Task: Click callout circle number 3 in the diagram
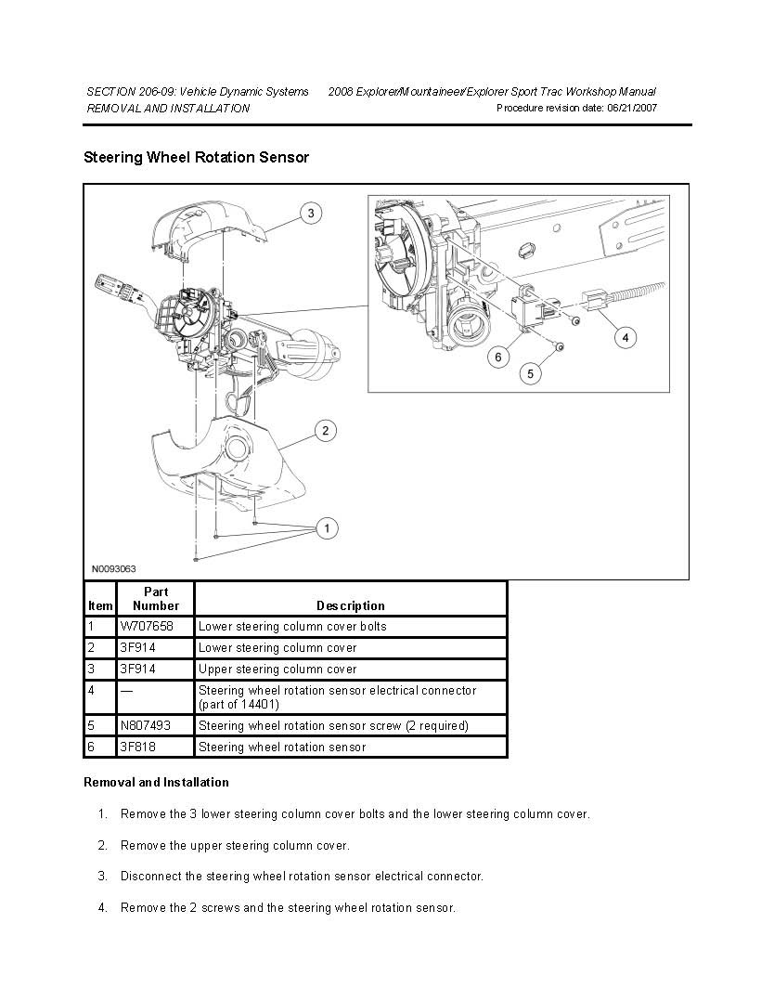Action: click(311, 214)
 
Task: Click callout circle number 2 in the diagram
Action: click(325, 431)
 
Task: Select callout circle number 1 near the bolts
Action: click(326, 528)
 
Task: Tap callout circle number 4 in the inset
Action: click(625, 337)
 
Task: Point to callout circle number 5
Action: click(530, 373)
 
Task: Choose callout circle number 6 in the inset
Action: click(498, 356)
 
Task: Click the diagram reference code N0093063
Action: click(113, 568)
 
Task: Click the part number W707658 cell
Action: click(146, 627)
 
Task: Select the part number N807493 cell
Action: click(145, 725)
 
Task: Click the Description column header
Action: click(350, 606)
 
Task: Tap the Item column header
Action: click(100, 606)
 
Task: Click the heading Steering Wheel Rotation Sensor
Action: click(196, 158)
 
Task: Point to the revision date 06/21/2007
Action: click(631, 109)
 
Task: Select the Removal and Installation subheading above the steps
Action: click(156, 783)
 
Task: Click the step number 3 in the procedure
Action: click(102, 877)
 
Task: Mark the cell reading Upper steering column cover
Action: click(277, 669)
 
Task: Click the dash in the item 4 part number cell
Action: click(124, 691)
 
